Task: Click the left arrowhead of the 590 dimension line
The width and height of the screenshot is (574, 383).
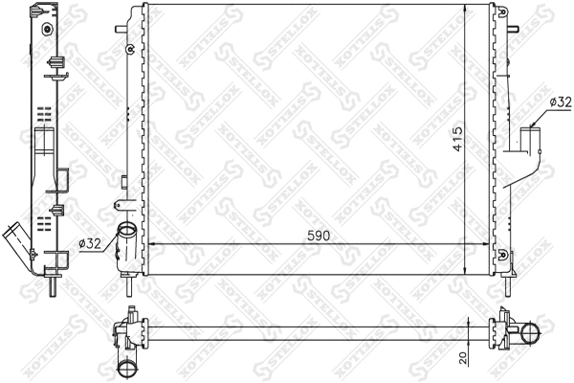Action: (x=150, y=245)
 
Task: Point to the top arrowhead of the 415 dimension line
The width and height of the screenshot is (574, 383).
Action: (x=467, y=8)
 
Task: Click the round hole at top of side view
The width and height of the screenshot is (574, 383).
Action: (x=44, y=26)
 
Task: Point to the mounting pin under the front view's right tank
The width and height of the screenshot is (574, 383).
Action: (x=509, y=284)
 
